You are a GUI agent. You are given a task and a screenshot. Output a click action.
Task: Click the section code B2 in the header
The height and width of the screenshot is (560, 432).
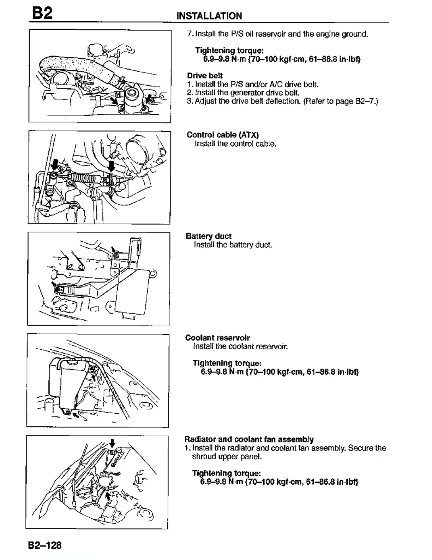42,13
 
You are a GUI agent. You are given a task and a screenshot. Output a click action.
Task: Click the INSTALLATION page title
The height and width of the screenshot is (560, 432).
209,16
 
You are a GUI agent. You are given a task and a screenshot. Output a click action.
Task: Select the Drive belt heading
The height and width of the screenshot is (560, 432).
205,76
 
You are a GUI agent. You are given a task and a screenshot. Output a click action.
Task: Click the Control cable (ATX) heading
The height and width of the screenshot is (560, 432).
222,135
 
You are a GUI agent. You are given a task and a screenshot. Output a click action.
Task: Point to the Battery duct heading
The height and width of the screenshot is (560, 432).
208,236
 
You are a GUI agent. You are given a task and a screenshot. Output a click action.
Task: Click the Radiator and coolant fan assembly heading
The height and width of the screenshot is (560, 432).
249,439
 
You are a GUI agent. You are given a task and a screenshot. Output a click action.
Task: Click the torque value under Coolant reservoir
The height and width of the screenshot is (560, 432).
280,372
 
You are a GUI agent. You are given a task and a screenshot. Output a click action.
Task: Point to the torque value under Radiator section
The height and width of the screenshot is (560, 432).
279,482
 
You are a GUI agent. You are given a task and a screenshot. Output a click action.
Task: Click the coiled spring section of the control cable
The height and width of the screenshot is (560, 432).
84,177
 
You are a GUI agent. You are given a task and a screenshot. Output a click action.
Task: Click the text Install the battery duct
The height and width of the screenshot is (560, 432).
233,245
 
